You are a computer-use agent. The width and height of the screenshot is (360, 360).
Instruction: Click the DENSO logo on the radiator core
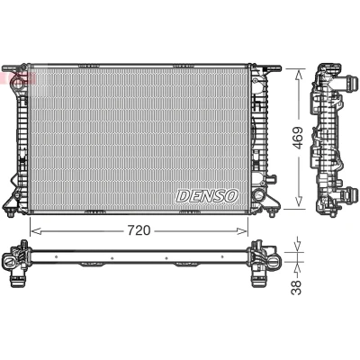pyautogui.click(x=207, y=196)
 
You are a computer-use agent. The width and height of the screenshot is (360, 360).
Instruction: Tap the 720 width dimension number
pyautogui.click(x=139, y=230)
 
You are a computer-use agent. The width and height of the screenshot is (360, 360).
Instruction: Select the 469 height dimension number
pyautogui.click(x=298, y=138)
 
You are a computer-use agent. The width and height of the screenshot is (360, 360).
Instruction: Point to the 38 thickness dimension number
pyautogui.click(x=296, y=288)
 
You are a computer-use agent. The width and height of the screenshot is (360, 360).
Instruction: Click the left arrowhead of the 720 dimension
pyautogui.click(x=35, y=231)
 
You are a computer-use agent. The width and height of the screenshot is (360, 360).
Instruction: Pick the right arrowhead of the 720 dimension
pyautogui.click(x=242, y=231)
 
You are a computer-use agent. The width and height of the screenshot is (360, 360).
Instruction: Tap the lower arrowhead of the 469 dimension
pyautogui.click(x=299, y=201)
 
